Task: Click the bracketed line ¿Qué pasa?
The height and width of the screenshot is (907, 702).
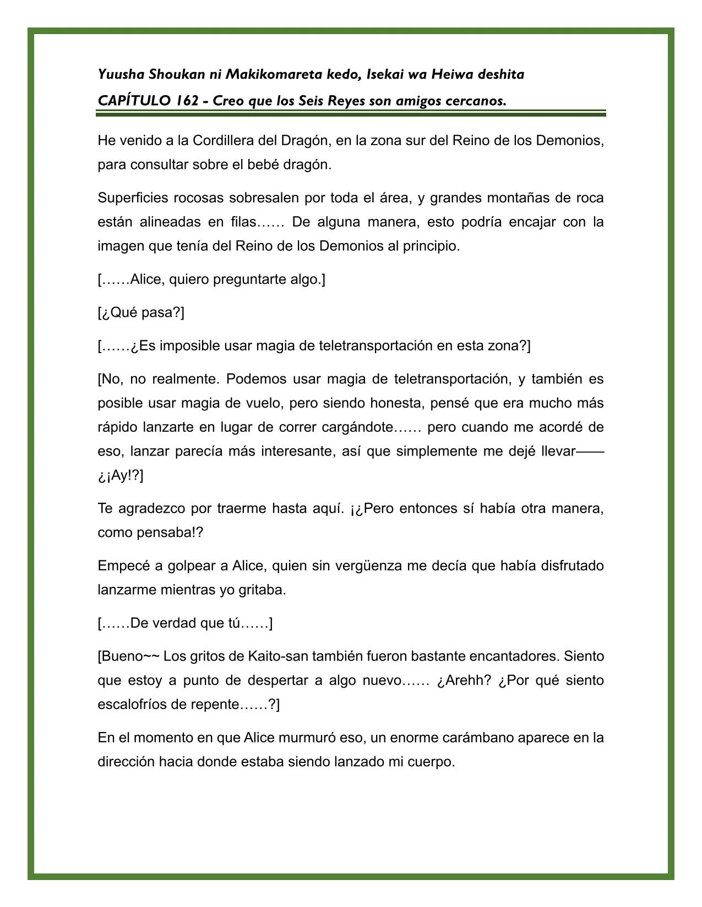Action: click(141, 313)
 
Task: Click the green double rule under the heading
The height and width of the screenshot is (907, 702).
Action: click(351, 113)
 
